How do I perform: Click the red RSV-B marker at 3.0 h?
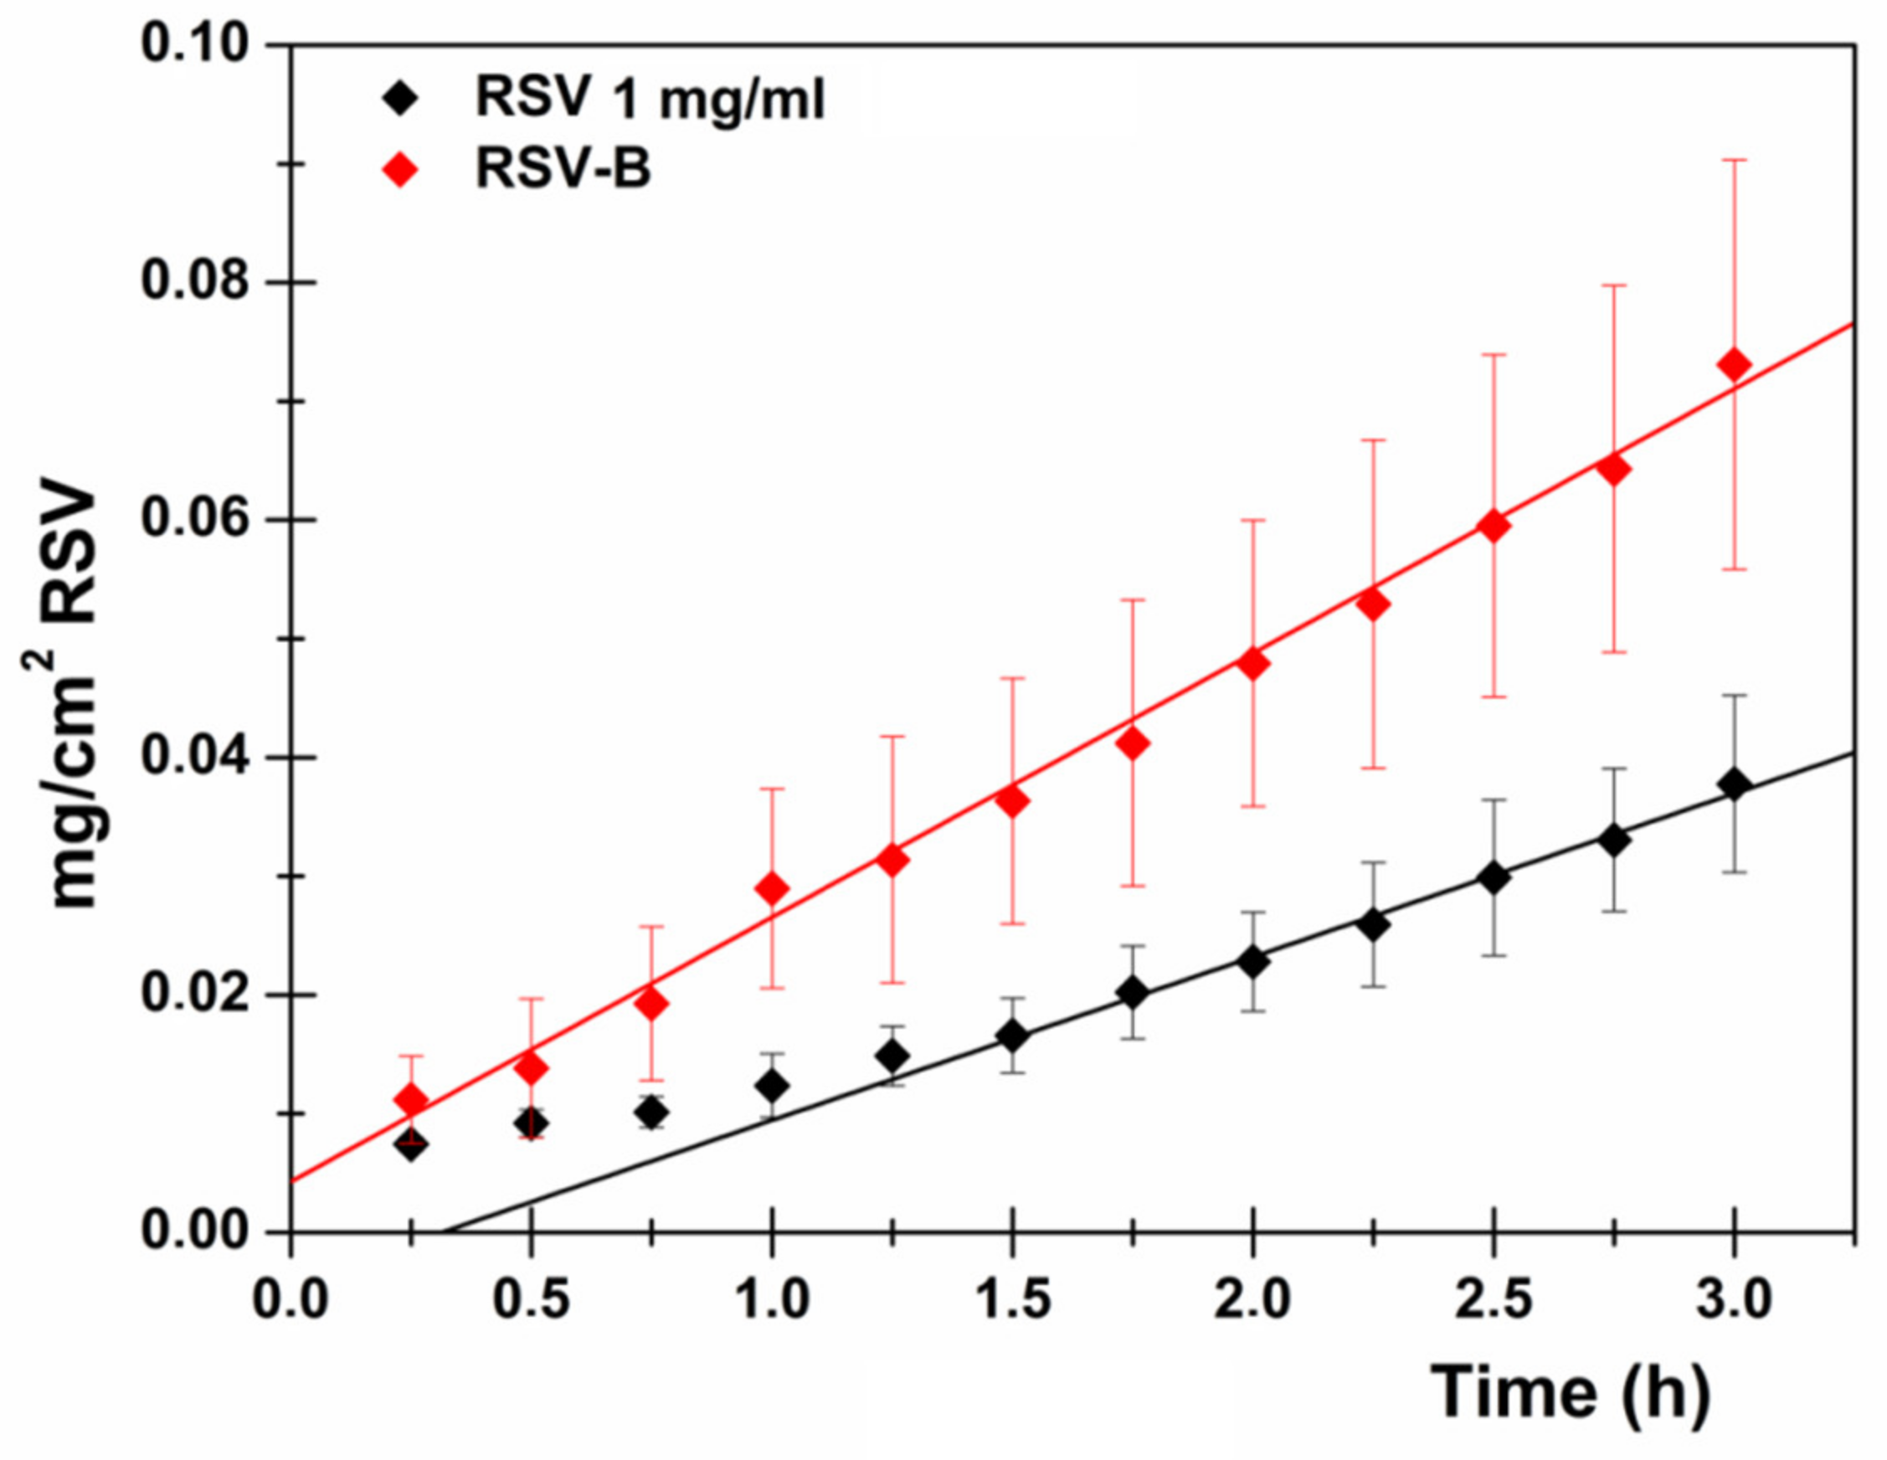pyautogui.click(x=1733, y=364)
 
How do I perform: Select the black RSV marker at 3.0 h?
pyautogui.click(x=1733, y=785)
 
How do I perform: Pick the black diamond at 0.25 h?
pyautogui.click(x=411, y=1146)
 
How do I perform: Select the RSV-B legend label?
pyautogui.click(x=563, y=169)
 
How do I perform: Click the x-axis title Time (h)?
pyautogui.click(x=1570, y=1391)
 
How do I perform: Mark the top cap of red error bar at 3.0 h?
pyautogui.click(x=1733, y=161)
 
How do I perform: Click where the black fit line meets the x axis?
pyautogui.click(x=448, y=1232)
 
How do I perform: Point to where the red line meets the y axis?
pyautogui.click(x=292, y=1180)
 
